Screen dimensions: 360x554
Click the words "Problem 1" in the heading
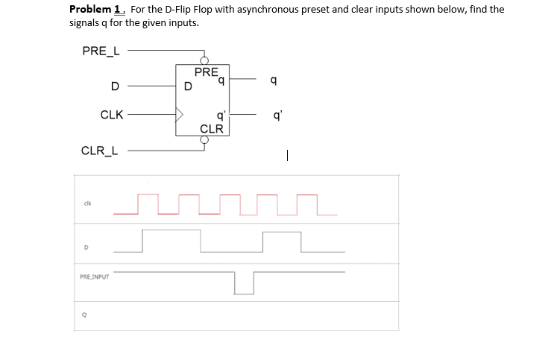[96, 10]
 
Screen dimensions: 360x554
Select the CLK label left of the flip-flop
[112, 116]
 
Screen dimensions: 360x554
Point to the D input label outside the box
[114, 86]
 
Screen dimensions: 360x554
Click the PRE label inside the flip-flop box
[206, 72]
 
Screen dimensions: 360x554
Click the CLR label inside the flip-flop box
[212, 129]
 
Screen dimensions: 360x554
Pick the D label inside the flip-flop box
[188, 86]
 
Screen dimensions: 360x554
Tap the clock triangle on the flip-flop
[180, 116]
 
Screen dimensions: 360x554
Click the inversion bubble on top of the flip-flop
[203, 61]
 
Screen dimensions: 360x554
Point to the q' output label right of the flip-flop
[277, 116]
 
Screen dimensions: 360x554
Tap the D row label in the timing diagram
[86, 247]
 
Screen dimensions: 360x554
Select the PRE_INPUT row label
[94, 277]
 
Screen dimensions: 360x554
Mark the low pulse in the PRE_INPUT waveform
[244, 283]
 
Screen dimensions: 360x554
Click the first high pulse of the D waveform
[171, 240]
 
